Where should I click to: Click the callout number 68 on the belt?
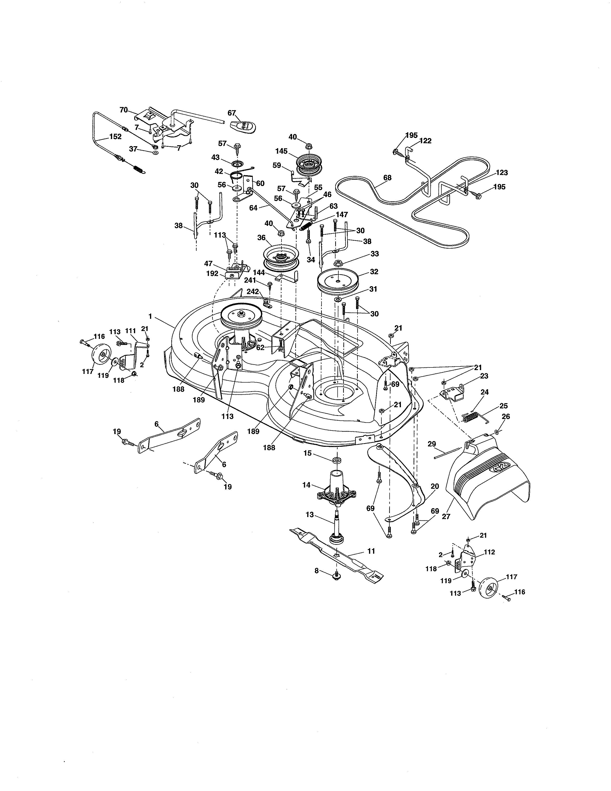click(387, 178)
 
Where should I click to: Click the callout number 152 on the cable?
click(115, 137)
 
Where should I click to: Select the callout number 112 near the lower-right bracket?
click(489, 552)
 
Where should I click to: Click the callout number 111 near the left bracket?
click(130, 331)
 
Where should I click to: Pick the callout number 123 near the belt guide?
click(502, 173)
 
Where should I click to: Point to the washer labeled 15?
click(337, 459)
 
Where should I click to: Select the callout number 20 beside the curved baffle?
click(435, 486)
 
